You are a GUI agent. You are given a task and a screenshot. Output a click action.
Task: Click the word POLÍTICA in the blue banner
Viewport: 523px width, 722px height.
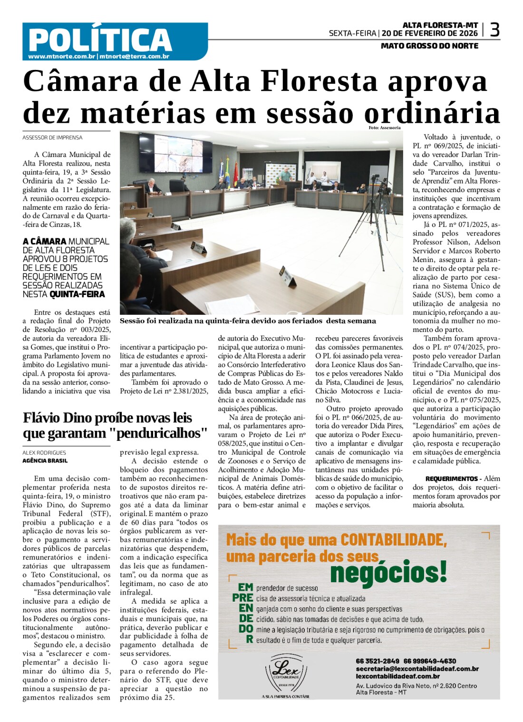[x=100, y=39]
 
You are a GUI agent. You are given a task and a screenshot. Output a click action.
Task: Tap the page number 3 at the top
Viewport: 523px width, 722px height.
[x=494, y=30]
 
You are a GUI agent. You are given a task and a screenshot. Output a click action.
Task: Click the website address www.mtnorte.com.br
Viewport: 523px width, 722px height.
[x=62, y=57]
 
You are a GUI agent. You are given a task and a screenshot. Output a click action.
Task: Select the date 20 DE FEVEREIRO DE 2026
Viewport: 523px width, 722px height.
[x=429, y=33]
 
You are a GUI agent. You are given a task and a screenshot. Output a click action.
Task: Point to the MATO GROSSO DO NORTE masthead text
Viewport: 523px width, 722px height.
[x=429, y=46]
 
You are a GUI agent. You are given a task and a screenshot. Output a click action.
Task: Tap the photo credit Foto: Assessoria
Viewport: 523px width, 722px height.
[x=384, y=127]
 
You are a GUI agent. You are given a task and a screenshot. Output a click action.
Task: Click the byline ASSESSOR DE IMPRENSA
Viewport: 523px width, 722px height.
[x=52, y=137]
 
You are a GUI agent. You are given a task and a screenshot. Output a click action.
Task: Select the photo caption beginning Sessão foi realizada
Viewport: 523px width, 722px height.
[x=248, y=321]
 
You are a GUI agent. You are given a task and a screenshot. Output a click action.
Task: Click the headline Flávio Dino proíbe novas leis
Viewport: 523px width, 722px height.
[x=107, y=418]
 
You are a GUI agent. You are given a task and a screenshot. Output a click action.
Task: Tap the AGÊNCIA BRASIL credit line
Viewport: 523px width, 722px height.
[x=45, y=460]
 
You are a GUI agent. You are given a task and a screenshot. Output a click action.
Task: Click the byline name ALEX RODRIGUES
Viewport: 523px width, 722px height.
[x=44, y=453]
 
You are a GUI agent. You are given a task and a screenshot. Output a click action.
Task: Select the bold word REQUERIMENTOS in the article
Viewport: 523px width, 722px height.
[x=451, y=478]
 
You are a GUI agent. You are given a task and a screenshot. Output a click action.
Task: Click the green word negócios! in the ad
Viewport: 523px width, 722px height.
[x=388, y=572]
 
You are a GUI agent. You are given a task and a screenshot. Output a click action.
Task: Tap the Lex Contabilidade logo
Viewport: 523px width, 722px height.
[x=286, y=673]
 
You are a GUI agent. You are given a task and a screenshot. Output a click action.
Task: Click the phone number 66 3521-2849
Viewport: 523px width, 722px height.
[x=378, y=661]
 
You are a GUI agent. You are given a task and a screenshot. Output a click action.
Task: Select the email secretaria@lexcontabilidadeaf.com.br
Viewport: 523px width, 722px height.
[x=417, y=669]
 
